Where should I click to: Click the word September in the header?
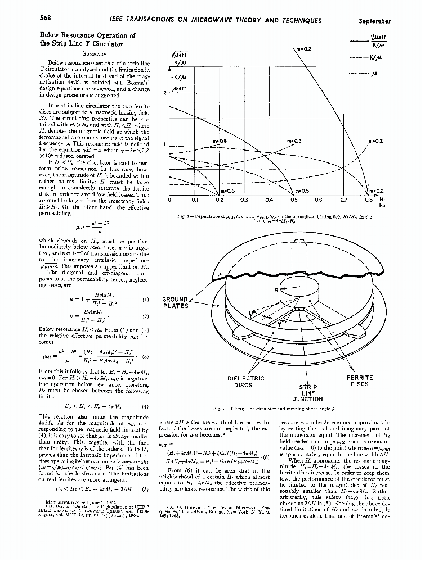click(x=374, y=21)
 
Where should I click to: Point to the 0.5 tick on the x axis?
click(x=293, y=199)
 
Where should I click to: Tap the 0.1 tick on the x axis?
click(x=195, y=199)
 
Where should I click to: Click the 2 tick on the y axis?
click(x=165, y=93)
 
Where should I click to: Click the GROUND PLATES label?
click(x=175, y=302)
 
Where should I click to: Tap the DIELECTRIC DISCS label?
click(x=245, y=382)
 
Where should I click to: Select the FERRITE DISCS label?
click(x=359, y=382)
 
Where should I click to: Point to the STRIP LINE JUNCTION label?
click(x=308, y=393)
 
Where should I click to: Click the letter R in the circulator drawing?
click(x=276, y=290)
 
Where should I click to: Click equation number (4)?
click(x=146, y=405)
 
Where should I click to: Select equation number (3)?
click(x=146, y=356)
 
